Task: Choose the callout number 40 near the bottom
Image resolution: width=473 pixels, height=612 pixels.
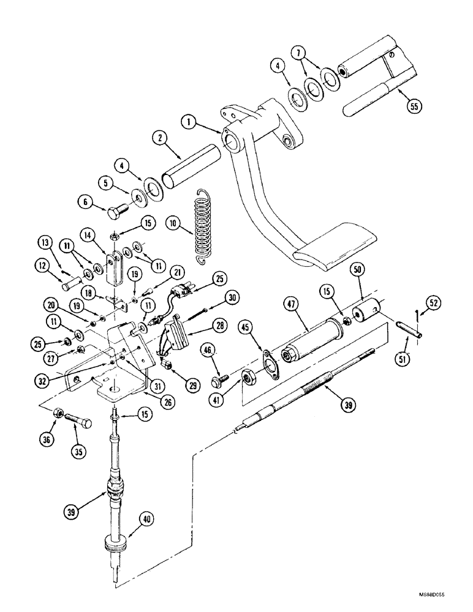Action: coord(148,520)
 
